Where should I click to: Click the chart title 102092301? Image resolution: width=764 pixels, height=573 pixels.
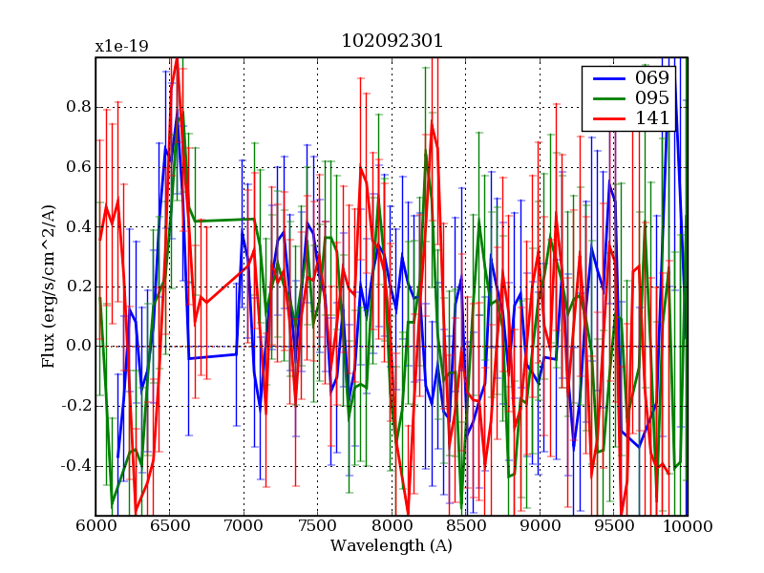click(392, 42)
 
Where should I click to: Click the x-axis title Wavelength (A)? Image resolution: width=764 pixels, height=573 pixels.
click(392, 546)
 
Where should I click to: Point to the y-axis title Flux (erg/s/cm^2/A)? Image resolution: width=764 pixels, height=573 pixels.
click(48, 286)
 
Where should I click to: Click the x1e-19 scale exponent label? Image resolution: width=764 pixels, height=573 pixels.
click(121, 46)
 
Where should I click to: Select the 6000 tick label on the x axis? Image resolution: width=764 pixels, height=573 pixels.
click(95, 526)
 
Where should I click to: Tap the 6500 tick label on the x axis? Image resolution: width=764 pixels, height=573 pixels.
click(170, 526)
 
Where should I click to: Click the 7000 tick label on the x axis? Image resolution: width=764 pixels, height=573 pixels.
click(244, 526)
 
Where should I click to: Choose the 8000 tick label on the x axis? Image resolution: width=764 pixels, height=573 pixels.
click(392, 526)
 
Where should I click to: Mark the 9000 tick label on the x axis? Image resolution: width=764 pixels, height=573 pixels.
click(540, 526)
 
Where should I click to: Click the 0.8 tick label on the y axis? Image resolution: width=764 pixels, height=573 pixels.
click(78, 107)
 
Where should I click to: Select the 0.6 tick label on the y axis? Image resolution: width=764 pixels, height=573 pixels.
click(78, 167)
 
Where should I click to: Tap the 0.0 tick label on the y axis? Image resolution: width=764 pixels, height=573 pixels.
click(78, 346)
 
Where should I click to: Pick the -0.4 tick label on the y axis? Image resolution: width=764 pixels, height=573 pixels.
click(75, 466)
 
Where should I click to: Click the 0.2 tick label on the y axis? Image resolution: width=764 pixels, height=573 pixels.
click(78, 286)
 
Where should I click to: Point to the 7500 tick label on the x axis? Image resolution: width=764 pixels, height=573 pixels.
click(318, 526)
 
